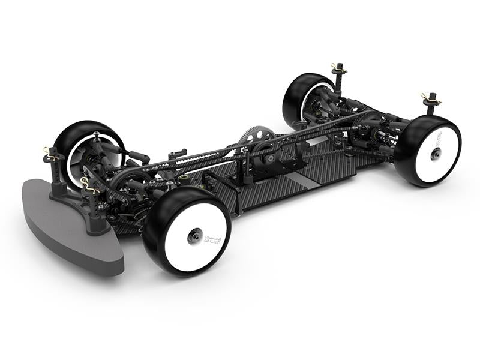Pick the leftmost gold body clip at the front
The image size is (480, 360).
tap(49, 151)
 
